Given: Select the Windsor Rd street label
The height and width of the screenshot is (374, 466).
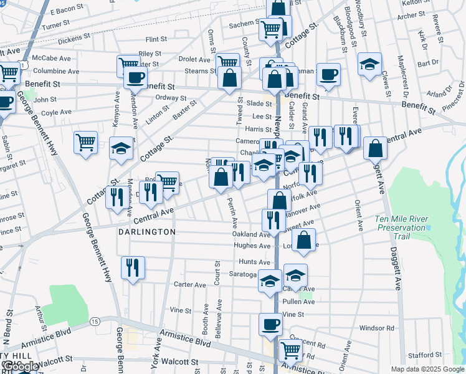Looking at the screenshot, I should pos(377,327).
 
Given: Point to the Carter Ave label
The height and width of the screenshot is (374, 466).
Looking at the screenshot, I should pos(190,285).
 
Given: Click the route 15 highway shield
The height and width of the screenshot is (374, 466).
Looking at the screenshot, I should pos(94,321).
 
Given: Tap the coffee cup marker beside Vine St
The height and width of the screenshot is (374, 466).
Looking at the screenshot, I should pos(270,325).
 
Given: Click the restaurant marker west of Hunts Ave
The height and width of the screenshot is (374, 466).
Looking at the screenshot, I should pos(133,268).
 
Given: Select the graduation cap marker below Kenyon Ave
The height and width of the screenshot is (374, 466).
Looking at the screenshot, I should pos(121,148).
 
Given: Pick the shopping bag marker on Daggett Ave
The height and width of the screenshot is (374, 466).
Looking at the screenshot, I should pos(375,148).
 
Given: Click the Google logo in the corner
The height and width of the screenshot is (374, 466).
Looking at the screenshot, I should pos(20,367).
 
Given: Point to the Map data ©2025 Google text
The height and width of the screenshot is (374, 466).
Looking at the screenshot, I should pos(427,369).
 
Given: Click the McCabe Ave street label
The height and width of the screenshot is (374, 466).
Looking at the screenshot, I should pos(52,58).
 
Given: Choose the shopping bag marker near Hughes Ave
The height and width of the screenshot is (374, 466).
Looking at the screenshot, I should pos(303,240).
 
